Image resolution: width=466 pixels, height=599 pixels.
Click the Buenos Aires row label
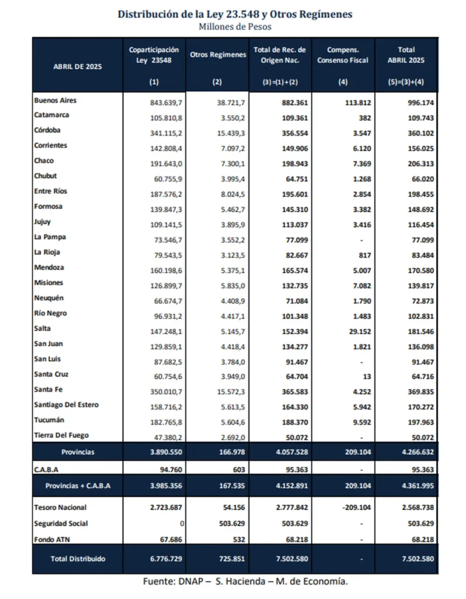coord(55,101)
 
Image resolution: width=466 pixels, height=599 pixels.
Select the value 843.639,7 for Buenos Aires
coord(167,102)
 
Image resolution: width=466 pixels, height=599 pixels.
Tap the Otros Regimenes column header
coord(218,55)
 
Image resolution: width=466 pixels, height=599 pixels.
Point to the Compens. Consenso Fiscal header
coord(343,55)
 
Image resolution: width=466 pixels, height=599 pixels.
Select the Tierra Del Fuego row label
coord(61,435)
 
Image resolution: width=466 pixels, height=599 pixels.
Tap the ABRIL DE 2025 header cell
coord(77,67)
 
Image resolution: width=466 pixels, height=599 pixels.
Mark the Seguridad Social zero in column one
coord(183,524)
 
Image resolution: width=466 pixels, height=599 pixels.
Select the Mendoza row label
coord(49,268)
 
